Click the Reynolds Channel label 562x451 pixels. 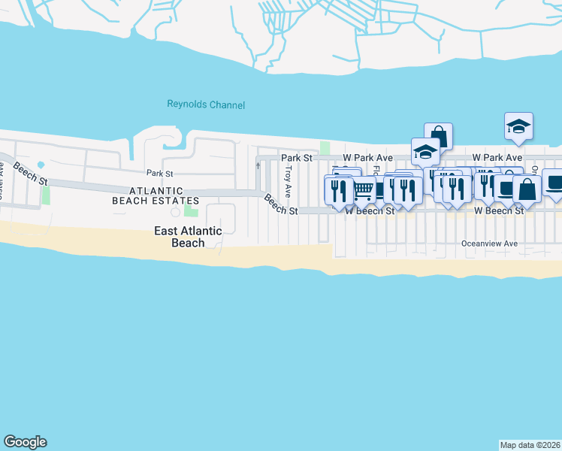[x=205, y=105]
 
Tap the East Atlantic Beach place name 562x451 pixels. [x=188, y=237]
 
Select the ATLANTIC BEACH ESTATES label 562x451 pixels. [x=155, y=196]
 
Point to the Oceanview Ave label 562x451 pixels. [x=489, y=244]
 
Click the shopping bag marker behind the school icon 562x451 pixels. [x=439, y=137]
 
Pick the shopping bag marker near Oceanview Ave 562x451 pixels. [x=527, y=189]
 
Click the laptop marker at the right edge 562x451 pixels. [x=554, y=183]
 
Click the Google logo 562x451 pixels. [x=25, y=442]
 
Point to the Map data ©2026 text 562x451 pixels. [x=530, y=444]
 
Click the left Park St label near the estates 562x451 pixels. [x=155, y=174]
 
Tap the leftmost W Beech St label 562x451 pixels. [x=370, y=212]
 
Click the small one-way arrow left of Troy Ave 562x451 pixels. [x=258, y=165]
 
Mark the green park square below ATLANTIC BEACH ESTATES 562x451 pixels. [x=191, y=211]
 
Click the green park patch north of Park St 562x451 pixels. [x=325, y=147]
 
